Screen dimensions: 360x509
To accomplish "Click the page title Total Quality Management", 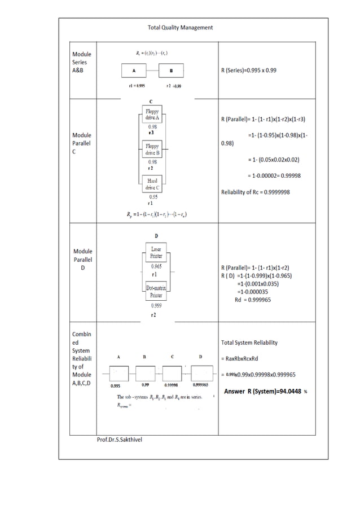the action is [180, 27].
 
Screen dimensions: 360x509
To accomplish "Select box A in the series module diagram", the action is [134, 71].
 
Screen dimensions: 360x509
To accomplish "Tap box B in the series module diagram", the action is [171, 71].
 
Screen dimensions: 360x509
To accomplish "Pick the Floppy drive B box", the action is [152, 150].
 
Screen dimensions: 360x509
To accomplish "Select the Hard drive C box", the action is [152, 183].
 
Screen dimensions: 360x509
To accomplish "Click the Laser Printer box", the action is [156, 252].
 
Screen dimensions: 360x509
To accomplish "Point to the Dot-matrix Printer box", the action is [156, 292].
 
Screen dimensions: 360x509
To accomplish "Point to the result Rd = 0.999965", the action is [252, 300].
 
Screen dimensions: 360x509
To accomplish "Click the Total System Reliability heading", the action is [249, 343].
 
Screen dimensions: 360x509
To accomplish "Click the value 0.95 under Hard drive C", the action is [152, 196].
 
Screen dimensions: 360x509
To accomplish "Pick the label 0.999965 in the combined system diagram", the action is [201, 385].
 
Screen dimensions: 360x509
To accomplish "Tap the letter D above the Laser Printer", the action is [156, 235].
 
